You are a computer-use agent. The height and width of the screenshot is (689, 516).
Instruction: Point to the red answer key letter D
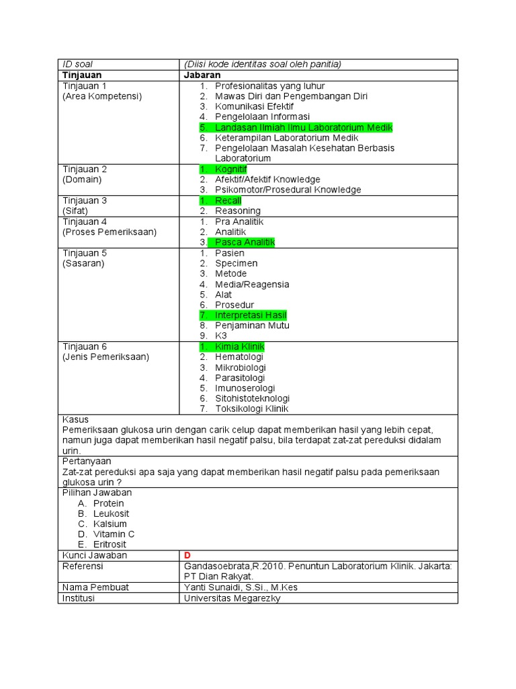[x=187, y=555]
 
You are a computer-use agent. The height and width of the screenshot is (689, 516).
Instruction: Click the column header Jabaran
[x=202, y=75]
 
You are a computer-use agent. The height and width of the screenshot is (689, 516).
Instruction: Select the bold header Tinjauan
[x=82, y=75]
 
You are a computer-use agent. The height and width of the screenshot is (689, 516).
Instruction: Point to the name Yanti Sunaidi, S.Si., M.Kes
[x=241, y=587]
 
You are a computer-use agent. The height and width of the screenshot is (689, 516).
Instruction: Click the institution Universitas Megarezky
[x=232, y=597]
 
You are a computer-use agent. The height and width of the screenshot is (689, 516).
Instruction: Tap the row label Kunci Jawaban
[x=95, y=555]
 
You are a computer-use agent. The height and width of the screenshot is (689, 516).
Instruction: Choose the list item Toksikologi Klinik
[x=251, y=409]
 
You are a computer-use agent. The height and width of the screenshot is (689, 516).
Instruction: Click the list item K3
[x=221, y=335]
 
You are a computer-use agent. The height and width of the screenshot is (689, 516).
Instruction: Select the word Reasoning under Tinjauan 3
[x=237, y=211]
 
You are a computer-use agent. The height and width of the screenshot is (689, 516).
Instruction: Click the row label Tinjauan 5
[x=85, y=253]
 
